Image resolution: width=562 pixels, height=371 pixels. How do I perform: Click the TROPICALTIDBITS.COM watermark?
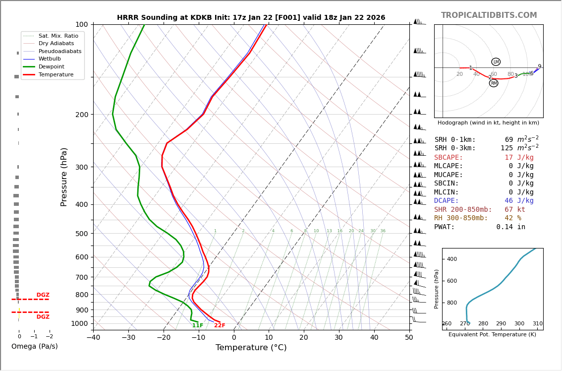click(x=489, y=15)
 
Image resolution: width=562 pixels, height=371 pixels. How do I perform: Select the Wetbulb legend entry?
click(x=50, y=59)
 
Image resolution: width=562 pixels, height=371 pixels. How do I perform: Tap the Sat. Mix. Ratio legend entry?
click(x=58, y=36)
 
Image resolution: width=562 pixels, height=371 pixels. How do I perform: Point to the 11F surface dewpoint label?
click(x=198, y=325)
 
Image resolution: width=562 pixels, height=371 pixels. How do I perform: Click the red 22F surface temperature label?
click(x=220, y=325)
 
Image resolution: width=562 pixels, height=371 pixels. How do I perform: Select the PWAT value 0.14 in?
click(x=510, y=227)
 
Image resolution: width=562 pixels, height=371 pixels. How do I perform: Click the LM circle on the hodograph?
click(x=496, y=62)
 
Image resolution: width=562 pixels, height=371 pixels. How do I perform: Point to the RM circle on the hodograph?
click(x=494, y=83)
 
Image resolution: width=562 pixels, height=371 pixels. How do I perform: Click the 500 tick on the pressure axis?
click(x=81, y=234)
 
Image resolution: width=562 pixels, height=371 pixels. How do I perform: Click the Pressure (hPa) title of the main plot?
click(x=64, y=177)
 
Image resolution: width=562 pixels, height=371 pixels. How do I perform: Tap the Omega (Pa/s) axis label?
click(x=34, y=346)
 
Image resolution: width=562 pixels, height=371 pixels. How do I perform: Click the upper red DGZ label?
click(x=43, y=295)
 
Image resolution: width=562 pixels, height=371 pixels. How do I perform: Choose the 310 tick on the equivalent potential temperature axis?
click(x=537, y=323)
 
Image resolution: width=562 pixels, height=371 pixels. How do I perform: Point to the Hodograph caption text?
click(x=488, y=123)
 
